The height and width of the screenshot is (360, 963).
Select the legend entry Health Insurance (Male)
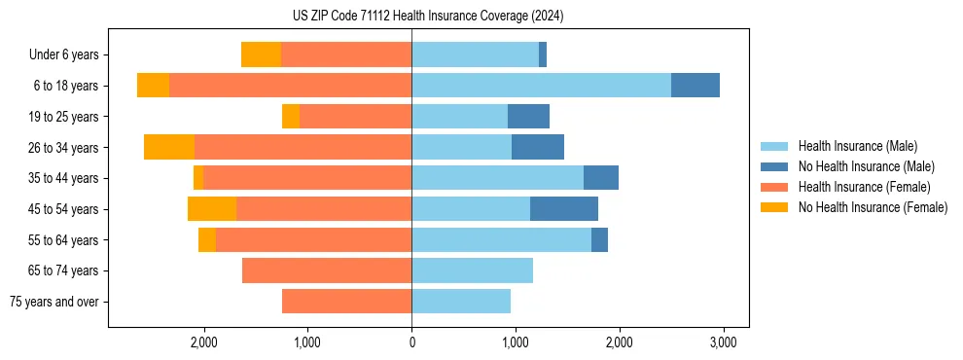point(857,146)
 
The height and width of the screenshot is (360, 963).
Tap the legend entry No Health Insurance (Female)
point(873,207)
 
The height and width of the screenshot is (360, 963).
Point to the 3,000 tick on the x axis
point(722,343)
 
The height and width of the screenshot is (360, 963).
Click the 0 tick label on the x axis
point(411,343)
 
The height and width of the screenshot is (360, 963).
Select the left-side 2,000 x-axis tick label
point(203,343)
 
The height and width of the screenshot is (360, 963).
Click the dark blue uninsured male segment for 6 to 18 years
point(695,86)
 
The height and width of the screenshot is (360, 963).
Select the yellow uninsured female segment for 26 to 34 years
point(169,147)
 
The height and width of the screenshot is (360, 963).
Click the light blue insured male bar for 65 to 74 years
point(472,270)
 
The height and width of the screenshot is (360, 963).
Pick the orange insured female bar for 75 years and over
point(346,302)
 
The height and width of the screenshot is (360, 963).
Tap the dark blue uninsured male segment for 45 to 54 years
point(564,209)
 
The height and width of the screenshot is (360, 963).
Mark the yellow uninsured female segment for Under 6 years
point(261,54)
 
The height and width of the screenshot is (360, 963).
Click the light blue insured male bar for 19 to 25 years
point(459,117)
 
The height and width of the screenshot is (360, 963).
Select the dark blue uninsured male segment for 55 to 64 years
point(599,239)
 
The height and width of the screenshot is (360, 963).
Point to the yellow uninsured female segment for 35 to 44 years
point(198,178)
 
